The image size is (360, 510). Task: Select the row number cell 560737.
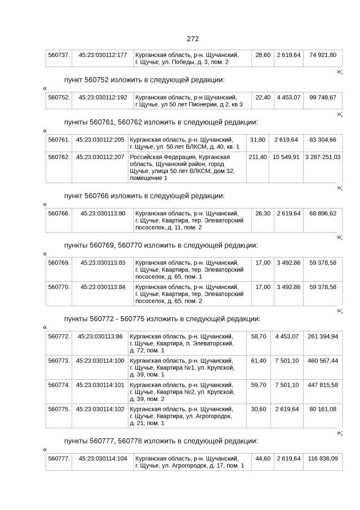[x=59, y=55]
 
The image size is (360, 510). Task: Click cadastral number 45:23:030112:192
[x=103, y=97]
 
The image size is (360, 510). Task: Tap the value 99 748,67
[x=323, y=97]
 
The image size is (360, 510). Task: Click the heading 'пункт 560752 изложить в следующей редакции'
[x=144, y=79]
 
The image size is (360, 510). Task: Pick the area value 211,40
[x=257, y=157]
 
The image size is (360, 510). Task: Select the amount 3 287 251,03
[x=323, y=157]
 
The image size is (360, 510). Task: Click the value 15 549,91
[x=286, y=157]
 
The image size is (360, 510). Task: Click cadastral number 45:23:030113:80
[x=103, y=214]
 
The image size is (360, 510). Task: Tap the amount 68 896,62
[x=323, y=214]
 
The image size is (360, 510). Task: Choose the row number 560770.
[x=59, y=287]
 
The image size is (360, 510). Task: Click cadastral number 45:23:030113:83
[x=103, y=263]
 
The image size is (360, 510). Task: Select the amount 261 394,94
[x=323, y=336]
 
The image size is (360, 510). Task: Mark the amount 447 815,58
[x=323, y=385]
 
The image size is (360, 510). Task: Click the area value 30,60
[x=257, y=409]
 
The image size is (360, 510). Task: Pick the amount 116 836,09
[x=323, y=459]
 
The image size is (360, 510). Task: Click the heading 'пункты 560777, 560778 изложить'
[x=161, y=441]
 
